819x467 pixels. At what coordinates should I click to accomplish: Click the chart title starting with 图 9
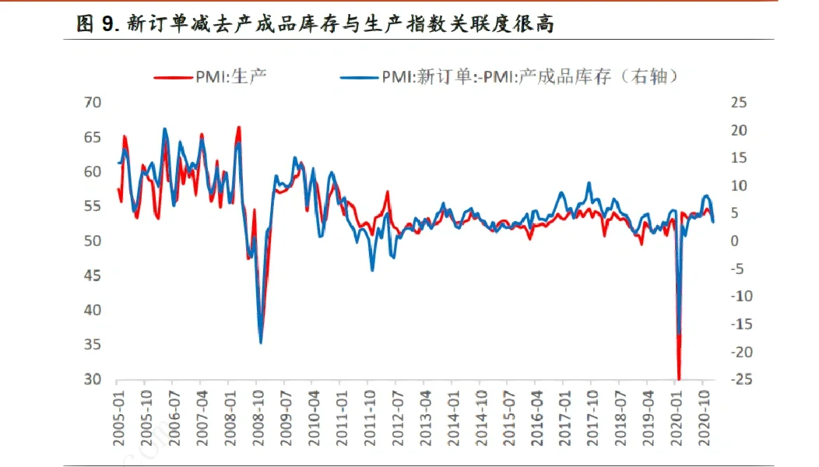pyautogui.click(x=315, y=24)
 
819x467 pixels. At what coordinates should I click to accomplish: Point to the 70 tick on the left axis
pyautogui.click(x=93, y=103)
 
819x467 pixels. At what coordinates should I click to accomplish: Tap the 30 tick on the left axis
pyautogui.click(x=93, y=380)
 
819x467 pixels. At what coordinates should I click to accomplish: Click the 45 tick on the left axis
pyautogui.click(x=93, y=276)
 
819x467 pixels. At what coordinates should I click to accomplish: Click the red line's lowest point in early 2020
pyautogui.click(x=680, y=378)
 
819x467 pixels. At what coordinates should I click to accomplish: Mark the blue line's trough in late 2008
pyautogui.click(x=260, y=342)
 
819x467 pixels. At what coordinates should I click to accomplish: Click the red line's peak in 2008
pyautogui.click(x=238, y=126)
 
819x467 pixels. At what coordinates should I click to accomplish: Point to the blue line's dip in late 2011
pyautogui.click(x=372, y=269)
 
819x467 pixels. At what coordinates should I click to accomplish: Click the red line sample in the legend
pyautogui.click(x=172, y=76)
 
